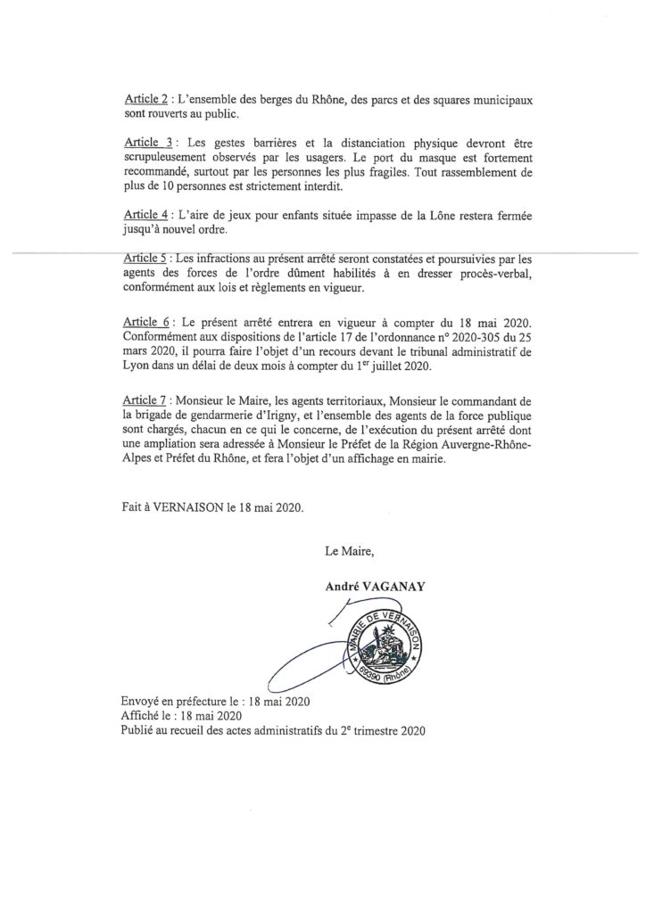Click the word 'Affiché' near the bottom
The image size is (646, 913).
(x=141, y=717)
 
